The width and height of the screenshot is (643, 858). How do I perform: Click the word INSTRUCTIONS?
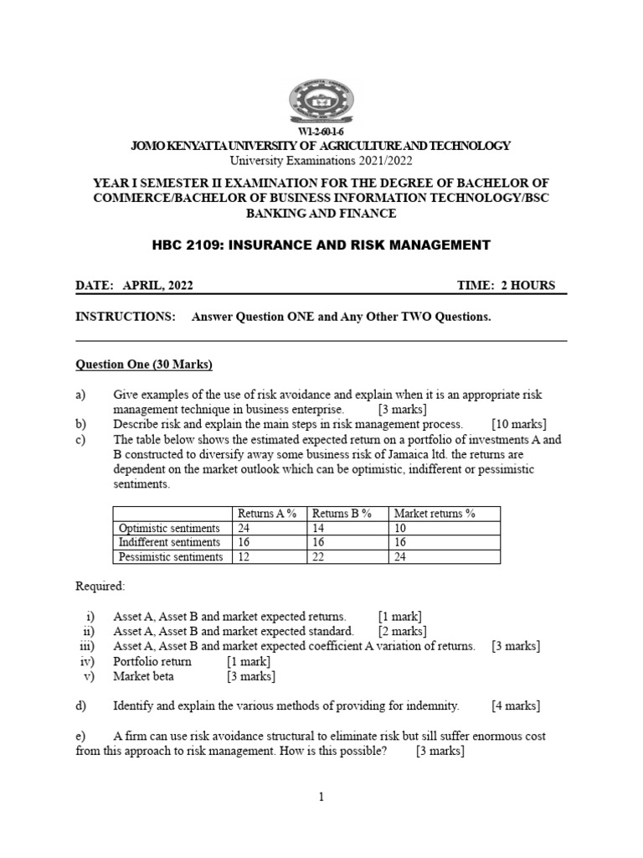click(x=126, y=318)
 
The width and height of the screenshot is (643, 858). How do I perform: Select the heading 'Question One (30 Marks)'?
click(x=144, y=364)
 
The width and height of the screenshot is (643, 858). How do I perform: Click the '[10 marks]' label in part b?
click(x=518, y=424)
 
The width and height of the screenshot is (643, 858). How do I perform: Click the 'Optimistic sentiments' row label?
click(x=169, y=528)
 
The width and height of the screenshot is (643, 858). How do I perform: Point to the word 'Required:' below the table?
click(x=100, y=586)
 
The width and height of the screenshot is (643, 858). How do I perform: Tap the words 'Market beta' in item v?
click(x=143, y=676)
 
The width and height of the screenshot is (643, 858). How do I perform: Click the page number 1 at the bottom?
click(x=321, y=797)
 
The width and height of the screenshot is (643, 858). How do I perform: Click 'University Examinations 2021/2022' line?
click(x=321, y=160)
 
